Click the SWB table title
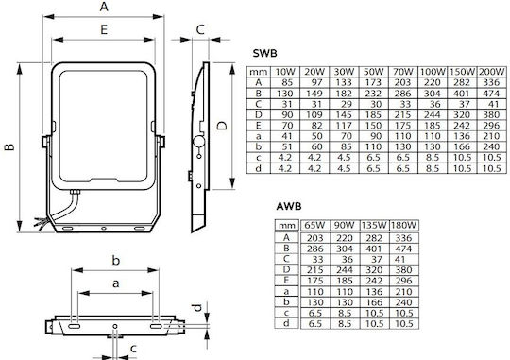264,53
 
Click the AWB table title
289,206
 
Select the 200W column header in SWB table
491,72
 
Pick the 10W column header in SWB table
285,72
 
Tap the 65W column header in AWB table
314,225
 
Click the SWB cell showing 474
491,94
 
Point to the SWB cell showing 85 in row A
285,82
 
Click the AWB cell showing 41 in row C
399,260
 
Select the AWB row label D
286,269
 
